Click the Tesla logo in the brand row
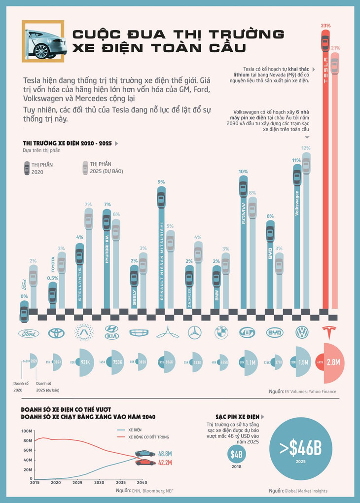tap(329, 333)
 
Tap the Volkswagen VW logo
tap(301, 333)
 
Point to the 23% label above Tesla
tap(325, 25)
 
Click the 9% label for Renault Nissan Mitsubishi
tap(161, 182)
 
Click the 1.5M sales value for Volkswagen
tap(303, 362)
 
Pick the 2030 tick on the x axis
tap(99, 483)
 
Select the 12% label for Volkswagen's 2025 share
tap(306, 148)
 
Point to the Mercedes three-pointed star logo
tap(195, 333)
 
